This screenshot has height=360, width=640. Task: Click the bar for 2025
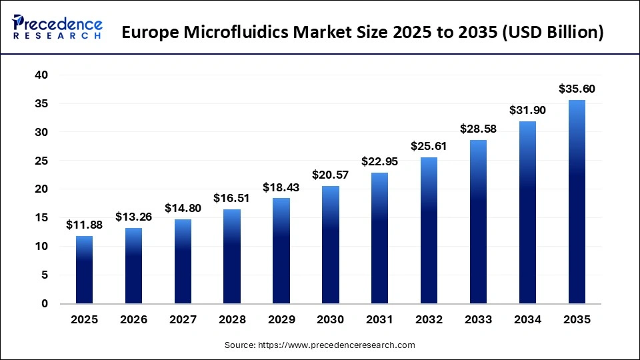point(84,269)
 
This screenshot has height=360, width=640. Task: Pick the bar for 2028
point(231,256)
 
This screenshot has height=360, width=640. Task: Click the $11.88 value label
point(84,225)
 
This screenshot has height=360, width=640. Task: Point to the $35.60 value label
point(577,89)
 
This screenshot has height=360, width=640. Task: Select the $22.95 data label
point(379,161)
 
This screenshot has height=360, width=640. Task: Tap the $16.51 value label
point(231,198)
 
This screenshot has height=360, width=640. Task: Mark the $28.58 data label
point(478,129)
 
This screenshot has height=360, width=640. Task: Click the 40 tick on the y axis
point(41,75)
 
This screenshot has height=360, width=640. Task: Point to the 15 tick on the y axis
point(41,218)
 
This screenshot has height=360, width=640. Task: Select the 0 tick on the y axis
point(45,303)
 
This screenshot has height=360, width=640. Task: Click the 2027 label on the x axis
point(182,320)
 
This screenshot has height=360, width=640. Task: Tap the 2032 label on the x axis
point(429,320)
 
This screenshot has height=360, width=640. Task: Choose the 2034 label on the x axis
point(527,320)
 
